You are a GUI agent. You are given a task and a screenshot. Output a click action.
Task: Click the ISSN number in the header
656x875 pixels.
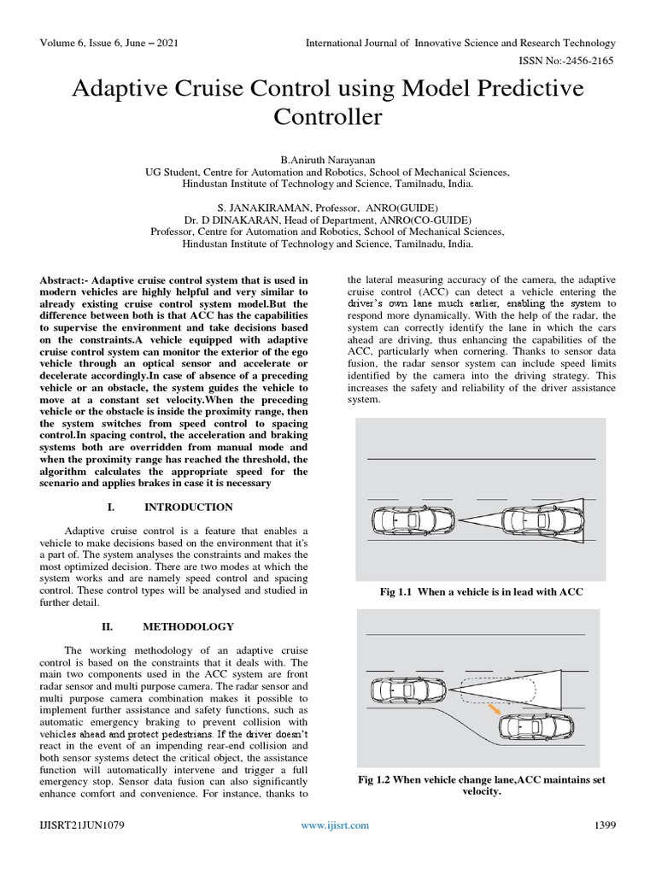(567, 63)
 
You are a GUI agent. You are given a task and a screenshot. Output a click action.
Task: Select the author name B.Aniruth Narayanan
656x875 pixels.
(328, 160)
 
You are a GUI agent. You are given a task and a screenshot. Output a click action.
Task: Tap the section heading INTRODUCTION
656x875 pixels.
(189, 507)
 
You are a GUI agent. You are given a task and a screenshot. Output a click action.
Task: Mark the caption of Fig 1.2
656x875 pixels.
(483, 784)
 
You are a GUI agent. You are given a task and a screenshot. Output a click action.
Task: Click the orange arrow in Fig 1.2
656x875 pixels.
(495, 709)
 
